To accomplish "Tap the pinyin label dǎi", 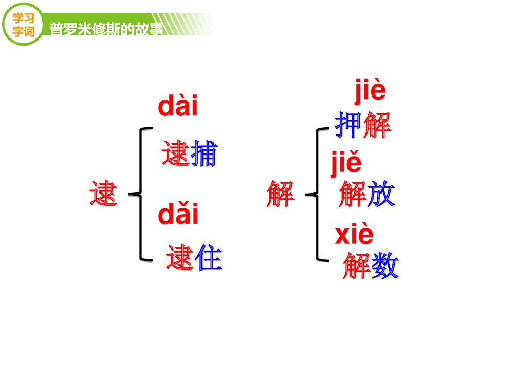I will point(178,215).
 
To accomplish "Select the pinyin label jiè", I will point(370,92).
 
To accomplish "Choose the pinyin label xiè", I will point(354,235).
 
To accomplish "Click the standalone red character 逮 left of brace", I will point(104,194).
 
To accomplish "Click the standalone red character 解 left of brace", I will point(281,194).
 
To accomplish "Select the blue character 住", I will point(208,258).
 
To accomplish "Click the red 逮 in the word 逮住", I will point(180,258).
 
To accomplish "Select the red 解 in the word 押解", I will point(377,126).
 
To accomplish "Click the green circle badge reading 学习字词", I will point(23,23).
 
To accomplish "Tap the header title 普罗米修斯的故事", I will point(106,29).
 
